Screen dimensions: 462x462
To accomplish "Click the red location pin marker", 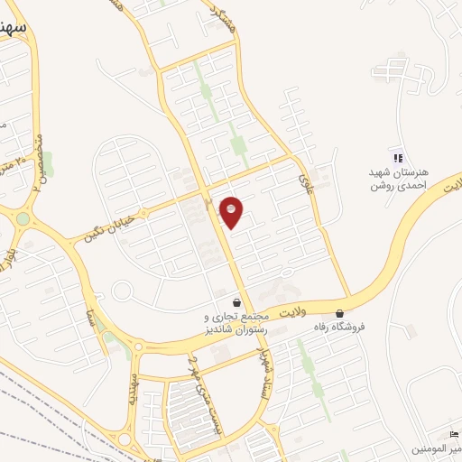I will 232,211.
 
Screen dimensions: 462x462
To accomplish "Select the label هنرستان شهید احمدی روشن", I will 395,179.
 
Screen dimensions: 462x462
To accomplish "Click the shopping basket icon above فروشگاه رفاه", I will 339,312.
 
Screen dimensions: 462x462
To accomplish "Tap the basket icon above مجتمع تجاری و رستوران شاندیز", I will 236,303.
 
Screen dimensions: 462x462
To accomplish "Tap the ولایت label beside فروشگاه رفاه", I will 292,312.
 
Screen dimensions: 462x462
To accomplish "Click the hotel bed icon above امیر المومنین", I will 454,433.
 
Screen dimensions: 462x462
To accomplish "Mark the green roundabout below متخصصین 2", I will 23,218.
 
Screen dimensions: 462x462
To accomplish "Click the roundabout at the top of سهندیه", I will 136,346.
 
